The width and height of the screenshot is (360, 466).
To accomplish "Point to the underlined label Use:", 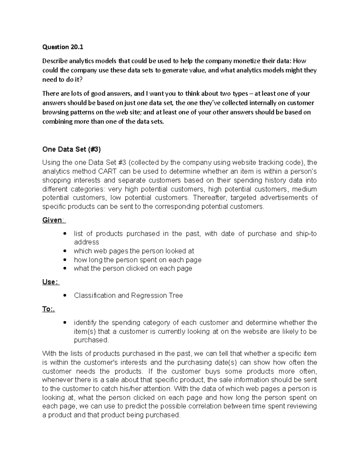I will coord(50,282).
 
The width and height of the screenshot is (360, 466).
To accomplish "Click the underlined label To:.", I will coord(48,309).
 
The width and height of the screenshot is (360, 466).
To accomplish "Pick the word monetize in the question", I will coord(245,61).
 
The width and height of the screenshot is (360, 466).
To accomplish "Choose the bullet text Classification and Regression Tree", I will coord(128,296).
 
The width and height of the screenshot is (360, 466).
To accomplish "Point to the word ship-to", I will coord(306,234).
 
